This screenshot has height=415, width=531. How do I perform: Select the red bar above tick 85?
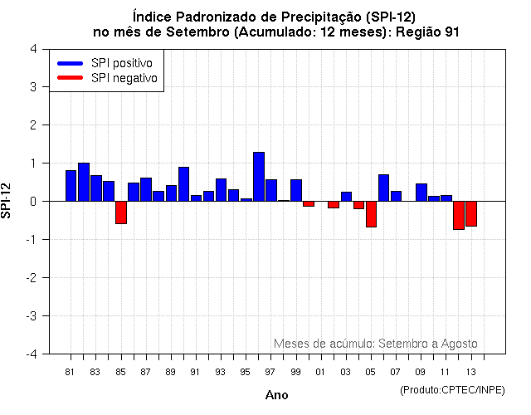tap(121, 212)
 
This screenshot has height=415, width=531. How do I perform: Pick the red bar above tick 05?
tap(371, 214)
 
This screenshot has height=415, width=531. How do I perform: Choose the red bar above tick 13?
tap(471, 213)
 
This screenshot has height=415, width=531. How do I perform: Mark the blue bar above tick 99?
tap(296, 190)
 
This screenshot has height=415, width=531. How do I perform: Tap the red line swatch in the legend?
tap(70, 78)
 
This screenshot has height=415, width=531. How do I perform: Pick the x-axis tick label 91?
tap(196, 372)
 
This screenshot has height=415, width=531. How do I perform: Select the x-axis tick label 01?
tap(320, 372)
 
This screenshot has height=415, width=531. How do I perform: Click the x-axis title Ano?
tap(276, 395)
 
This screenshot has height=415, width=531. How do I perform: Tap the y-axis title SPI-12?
tap(7, 201)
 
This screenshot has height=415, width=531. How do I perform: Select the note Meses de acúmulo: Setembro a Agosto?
tap(375, 344)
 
